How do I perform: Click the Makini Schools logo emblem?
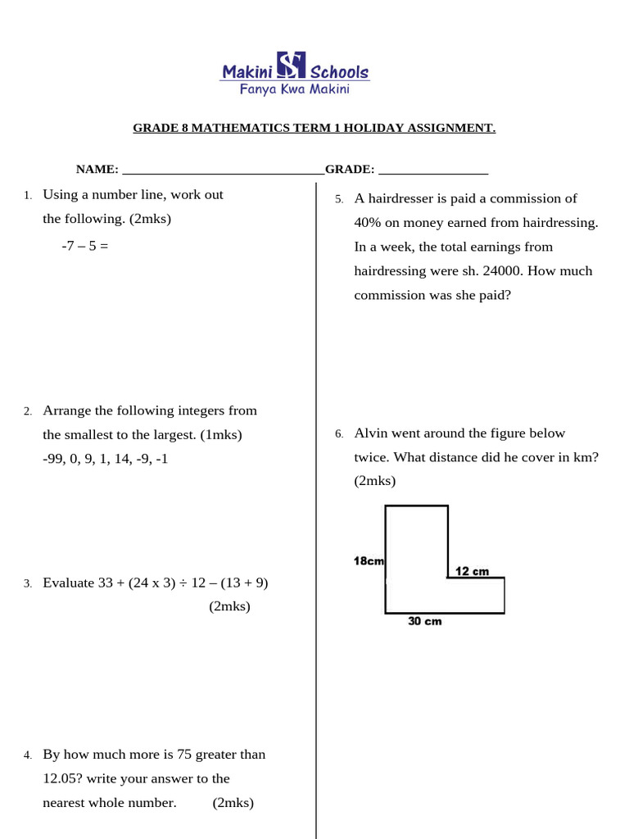291,66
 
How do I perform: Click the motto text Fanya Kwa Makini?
294,89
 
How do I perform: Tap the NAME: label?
97,170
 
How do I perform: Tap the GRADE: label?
350,170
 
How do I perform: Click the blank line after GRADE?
433,170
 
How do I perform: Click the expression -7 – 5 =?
84,244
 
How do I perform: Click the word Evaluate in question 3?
69,583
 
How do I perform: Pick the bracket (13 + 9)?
242,583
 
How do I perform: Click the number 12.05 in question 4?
60,778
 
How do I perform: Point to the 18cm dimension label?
369,561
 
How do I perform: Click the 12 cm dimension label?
472,571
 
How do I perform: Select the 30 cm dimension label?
424,622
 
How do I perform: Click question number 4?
27,755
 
